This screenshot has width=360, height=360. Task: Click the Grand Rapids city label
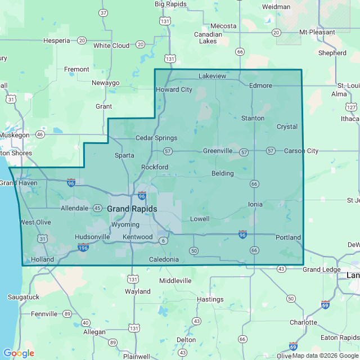tap(132, 209)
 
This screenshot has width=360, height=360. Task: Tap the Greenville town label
tap(217, 151)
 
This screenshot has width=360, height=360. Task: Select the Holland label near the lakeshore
tap(42, 259)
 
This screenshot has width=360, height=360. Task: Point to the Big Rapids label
tap(166, 4)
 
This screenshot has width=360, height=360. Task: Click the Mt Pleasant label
tap(317, 32)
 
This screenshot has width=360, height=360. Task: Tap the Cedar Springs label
tap(156, 138)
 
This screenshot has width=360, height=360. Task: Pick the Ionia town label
tap(255, 204)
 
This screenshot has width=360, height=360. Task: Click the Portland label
tap(288, 237)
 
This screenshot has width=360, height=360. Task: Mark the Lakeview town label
tap(212, 75)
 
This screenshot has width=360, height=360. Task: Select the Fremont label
tap(76, 69)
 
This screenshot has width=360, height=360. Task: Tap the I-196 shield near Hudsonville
tap(83, 247)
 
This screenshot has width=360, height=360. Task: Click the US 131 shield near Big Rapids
tap(164, 21)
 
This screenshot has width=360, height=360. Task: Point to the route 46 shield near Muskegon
tap(39, 135)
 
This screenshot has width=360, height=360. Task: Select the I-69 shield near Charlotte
tap(325, 304)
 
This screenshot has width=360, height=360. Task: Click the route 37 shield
tap(103, 12)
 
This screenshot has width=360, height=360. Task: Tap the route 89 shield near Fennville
tap(67, 313)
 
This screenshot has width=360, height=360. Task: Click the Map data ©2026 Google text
tap(325, 355)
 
